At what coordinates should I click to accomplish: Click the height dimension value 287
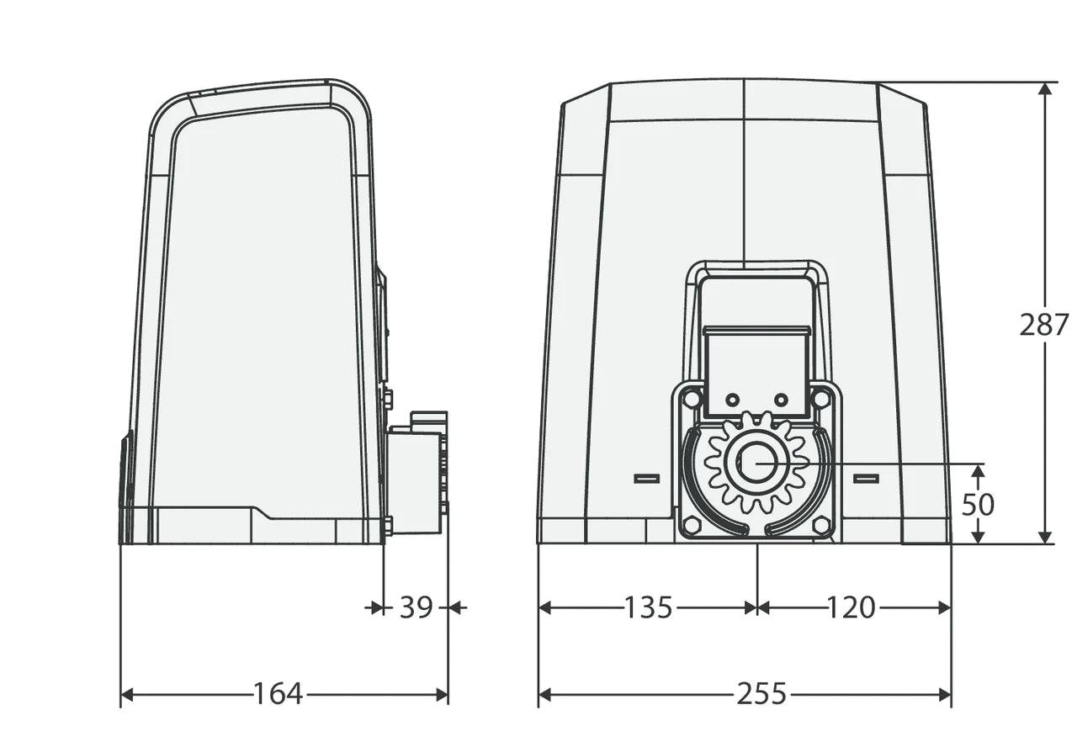tap(1044, 325)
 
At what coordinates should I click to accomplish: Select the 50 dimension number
tap(978, 505)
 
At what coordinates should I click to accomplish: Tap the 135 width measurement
tap(648, 607)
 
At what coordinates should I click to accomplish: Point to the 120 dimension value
tap(851, 607)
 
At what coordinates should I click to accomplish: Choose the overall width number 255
tap(761, 695)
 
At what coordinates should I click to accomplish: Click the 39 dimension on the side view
tap(416, 607)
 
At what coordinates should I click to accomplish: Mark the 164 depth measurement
tap(278, 695)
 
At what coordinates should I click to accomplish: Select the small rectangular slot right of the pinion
tap(866, 478)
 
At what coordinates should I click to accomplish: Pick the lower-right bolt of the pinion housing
tap(821, 524)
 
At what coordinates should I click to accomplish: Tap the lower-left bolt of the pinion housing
tap(692, 524)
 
